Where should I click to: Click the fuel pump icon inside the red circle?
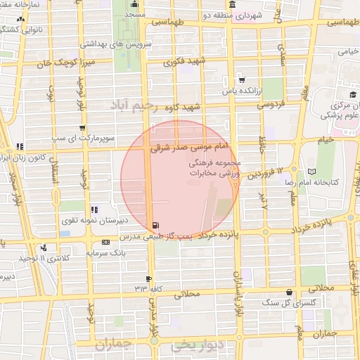(154, 225)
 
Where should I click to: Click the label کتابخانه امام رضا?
(335, 182)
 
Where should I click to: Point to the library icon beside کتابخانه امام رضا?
(312, 172)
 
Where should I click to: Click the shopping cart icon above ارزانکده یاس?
(242, 79)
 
